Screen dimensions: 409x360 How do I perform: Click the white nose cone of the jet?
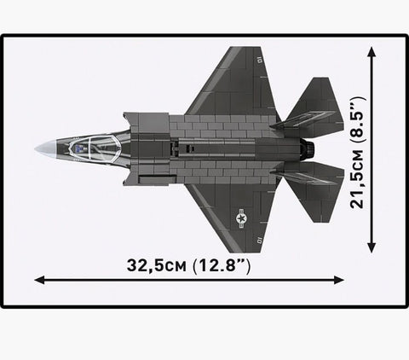point(45,148)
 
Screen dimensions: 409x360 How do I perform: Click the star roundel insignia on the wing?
point(242,218)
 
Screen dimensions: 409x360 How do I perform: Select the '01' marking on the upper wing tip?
point(259,61)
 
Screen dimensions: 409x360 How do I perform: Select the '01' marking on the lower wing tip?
point(259,241)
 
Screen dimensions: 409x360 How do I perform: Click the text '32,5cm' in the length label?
point(157,265)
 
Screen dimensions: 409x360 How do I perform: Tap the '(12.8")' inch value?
point(222,266)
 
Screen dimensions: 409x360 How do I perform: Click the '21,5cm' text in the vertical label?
point(357,178)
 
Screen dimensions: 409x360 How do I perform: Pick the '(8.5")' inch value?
point(357,120)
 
